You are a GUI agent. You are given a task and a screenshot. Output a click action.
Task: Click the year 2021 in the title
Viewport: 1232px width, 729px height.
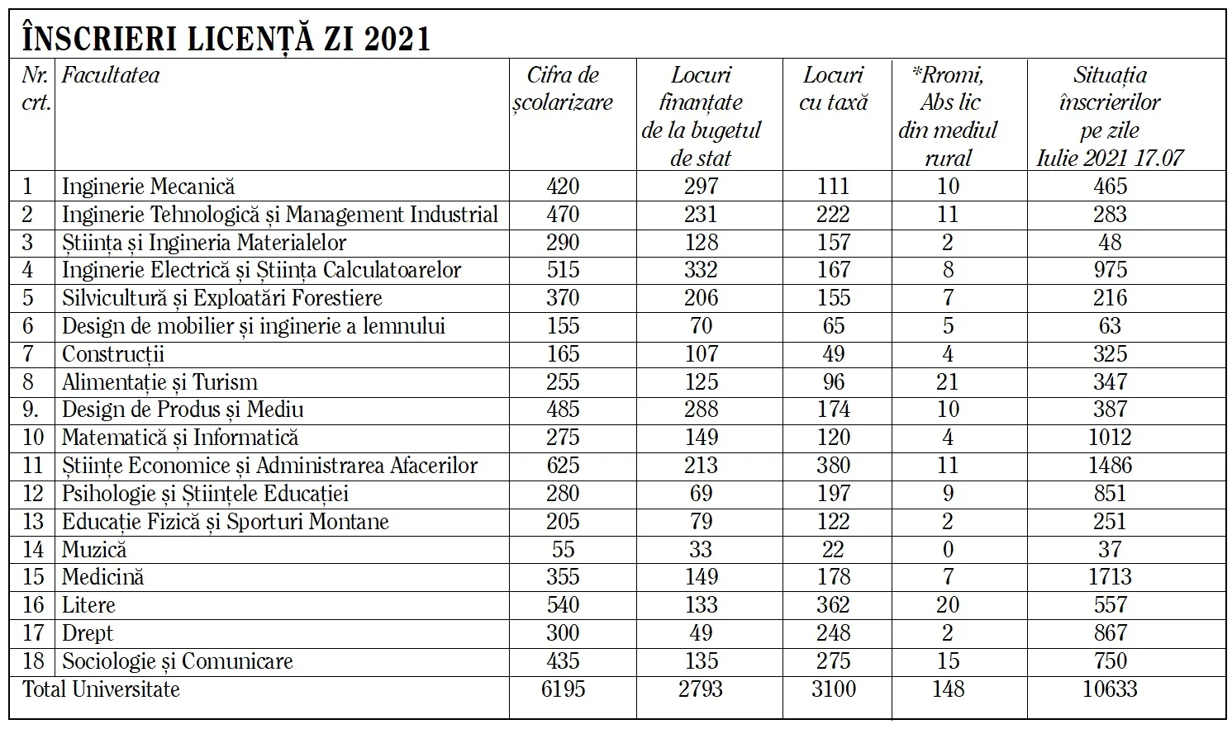click(x=397, y=38)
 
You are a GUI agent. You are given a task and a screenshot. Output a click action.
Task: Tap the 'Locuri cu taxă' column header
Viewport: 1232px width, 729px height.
click(x=834, y=88)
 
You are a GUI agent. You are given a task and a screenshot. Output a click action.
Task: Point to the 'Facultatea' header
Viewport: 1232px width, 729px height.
click(x=111, y=75)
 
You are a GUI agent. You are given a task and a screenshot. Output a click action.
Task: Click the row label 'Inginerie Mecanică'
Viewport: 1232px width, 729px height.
click(x=148, y=187)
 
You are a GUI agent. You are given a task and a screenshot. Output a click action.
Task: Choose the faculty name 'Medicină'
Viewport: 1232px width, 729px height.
click(x=102, y=577)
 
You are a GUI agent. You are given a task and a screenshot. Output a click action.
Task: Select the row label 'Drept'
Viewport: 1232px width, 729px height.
click(x=88, y=633)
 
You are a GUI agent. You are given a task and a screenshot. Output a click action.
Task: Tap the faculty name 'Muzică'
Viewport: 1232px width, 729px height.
click(x=94, y=549)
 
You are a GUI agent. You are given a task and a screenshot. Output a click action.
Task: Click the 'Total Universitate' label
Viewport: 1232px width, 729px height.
click(x=101, y=689)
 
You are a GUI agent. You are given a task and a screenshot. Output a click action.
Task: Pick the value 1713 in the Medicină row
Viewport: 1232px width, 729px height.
click(x=1110, y=577)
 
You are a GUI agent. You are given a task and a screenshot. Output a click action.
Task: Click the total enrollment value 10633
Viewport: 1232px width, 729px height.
click(x=1110, y=689)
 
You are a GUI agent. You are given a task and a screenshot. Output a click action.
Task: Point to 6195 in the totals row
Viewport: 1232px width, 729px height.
click(x=563, y=689)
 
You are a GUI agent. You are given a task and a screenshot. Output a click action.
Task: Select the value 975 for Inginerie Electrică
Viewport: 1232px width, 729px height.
click(x=1110, y=270)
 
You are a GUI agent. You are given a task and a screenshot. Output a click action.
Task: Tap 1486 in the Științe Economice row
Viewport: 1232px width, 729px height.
click(x=1110, y=466)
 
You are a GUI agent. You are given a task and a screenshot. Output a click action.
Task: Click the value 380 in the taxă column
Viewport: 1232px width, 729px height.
click(x=833, y=466)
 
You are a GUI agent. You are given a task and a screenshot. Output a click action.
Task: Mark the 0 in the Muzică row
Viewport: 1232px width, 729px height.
click(x=948, y=549)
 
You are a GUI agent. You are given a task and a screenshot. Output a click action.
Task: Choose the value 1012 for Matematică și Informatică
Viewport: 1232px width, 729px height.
click(x=1110, y=438)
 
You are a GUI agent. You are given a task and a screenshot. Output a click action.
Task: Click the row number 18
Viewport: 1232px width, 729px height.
click(x=33, y=661)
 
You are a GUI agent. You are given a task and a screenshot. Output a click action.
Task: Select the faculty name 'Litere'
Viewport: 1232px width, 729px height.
click(x=88, y=605)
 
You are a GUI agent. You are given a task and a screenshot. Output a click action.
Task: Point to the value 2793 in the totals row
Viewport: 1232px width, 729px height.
click(x=701, y=689)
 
